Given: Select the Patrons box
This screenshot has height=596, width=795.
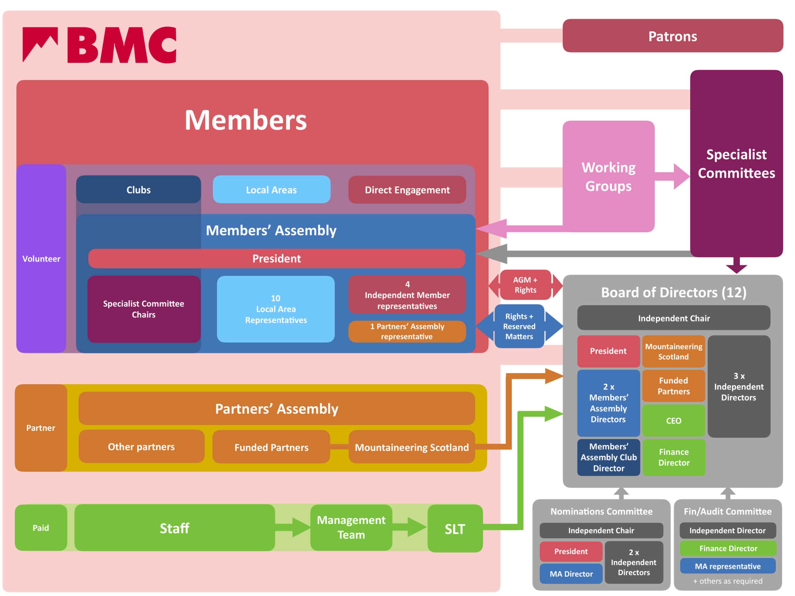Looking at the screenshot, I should click(x=672, y=36).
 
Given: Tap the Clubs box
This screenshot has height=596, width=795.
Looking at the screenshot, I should click(x=139, y=189).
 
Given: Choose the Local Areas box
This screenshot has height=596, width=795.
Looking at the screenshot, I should click(x=271, y=189).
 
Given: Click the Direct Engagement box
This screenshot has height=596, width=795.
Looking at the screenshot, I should click(x=407, y=189).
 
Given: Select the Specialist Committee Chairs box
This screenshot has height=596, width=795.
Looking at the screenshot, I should click(x=144, y=309).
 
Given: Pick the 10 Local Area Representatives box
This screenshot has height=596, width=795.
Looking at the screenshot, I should click(x=276, y=309).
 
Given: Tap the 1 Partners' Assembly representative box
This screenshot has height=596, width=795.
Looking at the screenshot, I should click(x=407, y=331).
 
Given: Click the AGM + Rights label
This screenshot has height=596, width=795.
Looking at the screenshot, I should click(x=525, y=285).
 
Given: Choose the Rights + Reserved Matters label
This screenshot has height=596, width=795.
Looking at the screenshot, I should click(x=519, y=326).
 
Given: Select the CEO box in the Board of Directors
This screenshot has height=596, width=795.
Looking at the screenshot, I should click(x=673, y=420).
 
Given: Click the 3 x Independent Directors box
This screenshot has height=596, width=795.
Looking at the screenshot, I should click(x=738, y=386).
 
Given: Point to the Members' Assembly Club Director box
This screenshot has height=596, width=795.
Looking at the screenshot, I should click(x=608, y=457).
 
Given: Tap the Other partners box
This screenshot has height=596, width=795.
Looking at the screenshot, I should click(x=141, y=447).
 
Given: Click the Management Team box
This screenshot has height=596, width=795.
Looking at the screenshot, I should click(x=351, y=527).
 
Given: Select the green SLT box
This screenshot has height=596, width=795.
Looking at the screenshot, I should click(x=455, y=528).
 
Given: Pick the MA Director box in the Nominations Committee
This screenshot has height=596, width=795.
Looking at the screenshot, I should click(x=571, y=574).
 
